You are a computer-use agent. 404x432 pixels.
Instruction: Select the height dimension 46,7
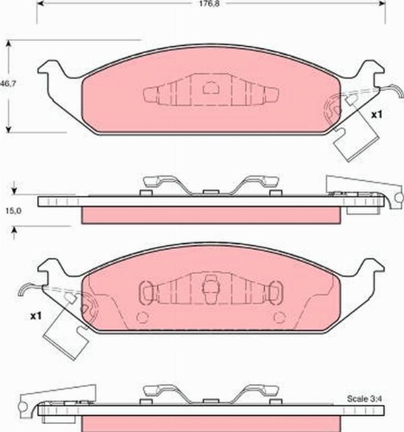point(7,84)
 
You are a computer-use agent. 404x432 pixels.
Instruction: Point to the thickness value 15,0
point(14,211)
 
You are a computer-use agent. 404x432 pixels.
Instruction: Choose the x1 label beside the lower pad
point(36,315)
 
